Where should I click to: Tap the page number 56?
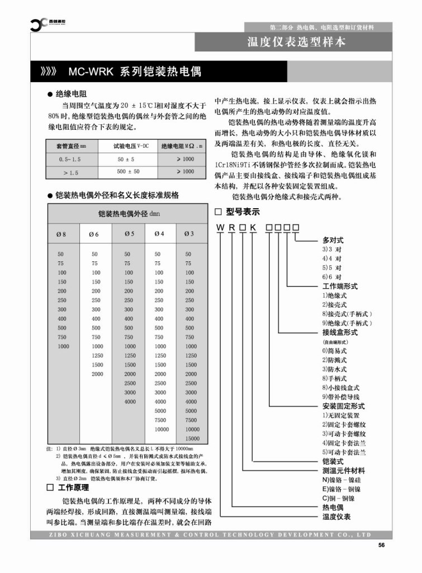[382, 546]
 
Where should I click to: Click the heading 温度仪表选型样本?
[296, 42]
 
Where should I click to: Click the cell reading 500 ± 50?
[128, 172]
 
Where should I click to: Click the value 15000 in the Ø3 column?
[191, 438]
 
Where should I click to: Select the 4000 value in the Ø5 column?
[130, 401]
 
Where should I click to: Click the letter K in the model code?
[253, 227]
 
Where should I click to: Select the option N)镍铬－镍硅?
[342, 480]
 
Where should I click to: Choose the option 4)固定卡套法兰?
[344, 443]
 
